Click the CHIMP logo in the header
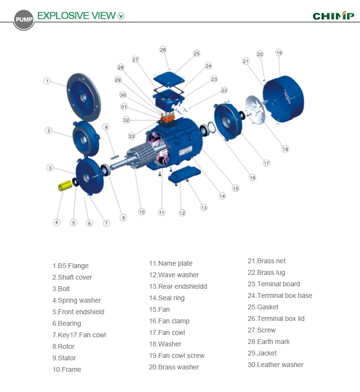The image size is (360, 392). coord(333,16)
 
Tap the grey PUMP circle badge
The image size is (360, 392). coord(24,20)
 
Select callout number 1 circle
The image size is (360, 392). coord(47,81)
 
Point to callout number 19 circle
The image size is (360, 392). coord(279,52)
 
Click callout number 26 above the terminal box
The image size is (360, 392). coord(163,50)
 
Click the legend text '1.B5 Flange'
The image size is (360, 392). coord(71,266)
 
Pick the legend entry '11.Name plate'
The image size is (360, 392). coord(170,263)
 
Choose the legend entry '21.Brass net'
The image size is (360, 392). coord(266,261)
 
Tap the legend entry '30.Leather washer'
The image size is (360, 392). coord(276,365)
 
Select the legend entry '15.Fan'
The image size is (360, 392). coord(159,309)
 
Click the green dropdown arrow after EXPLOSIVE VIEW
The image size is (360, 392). coord(121,16)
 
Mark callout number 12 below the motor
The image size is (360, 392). coord(182,212)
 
